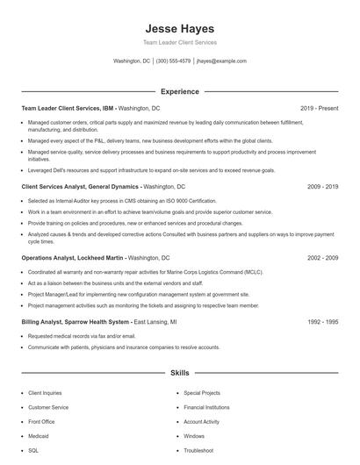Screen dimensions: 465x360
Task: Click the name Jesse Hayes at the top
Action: [x=179, y=28]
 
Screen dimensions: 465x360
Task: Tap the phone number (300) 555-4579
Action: [x=173, y=61]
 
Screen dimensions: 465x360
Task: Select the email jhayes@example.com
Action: [x=221, y=61]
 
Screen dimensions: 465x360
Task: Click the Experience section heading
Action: [x=179, y=91]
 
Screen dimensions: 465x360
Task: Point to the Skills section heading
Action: [x=179, y=373]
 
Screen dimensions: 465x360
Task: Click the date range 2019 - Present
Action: [x=319, y=108]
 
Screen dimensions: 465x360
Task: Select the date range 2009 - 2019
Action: [x=322, y=187]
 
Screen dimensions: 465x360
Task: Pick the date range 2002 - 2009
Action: [x=322, y=258]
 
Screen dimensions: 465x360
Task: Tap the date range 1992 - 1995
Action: [x=322, y=322]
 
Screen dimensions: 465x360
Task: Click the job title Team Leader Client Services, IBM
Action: [x=68, y=108]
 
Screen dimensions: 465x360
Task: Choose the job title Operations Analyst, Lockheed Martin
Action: [x=74, y=258]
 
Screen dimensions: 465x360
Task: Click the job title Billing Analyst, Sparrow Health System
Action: [x=76, y=322]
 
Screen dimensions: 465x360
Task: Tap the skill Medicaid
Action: [x=40, y=435]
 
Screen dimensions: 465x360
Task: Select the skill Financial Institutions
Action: [x=206, y=407]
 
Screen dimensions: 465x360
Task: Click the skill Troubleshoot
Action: [x=198, y=450]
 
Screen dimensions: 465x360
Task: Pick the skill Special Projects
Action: [x=202, y=393]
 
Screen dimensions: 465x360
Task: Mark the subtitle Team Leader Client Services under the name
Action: [x=179, y=42]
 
